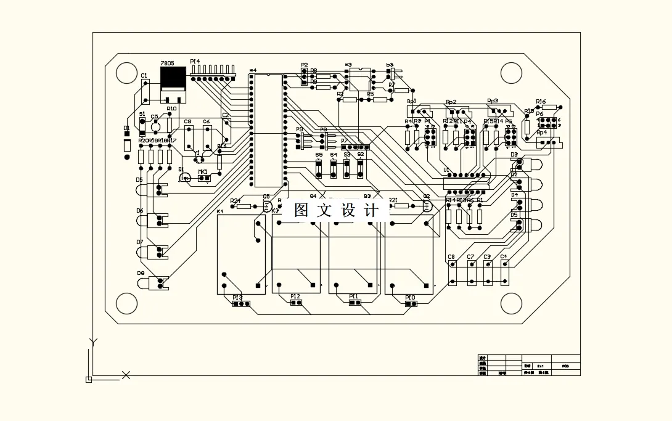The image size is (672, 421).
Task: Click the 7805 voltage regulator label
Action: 167,63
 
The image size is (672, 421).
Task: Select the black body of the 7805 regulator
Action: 173,79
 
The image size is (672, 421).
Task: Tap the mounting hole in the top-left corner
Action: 126,73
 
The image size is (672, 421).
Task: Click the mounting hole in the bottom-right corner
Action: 511,303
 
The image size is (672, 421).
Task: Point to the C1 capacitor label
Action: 144,76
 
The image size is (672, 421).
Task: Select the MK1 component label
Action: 202,172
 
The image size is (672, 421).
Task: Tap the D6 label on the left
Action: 140,211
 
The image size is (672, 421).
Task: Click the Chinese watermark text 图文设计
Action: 337,210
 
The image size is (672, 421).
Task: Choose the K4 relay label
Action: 220,212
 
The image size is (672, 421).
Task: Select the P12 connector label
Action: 295,296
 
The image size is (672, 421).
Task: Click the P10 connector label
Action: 410,297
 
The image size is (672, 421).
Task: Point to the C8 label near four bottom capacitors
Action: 451,256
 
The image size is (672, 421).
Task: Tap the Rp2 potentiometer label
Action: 451,102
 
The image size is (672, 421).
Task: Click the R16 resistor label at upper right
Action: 541,102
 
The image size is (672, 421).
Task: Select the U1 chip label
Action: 446,170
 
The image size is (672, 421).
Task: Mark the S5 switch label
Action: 319,155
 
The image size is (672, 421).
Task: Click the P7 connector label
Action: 345,141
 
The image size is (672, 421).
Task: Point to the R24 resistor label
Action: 235,200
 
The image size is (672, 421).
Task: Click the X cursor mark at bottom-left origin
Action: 126,375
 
